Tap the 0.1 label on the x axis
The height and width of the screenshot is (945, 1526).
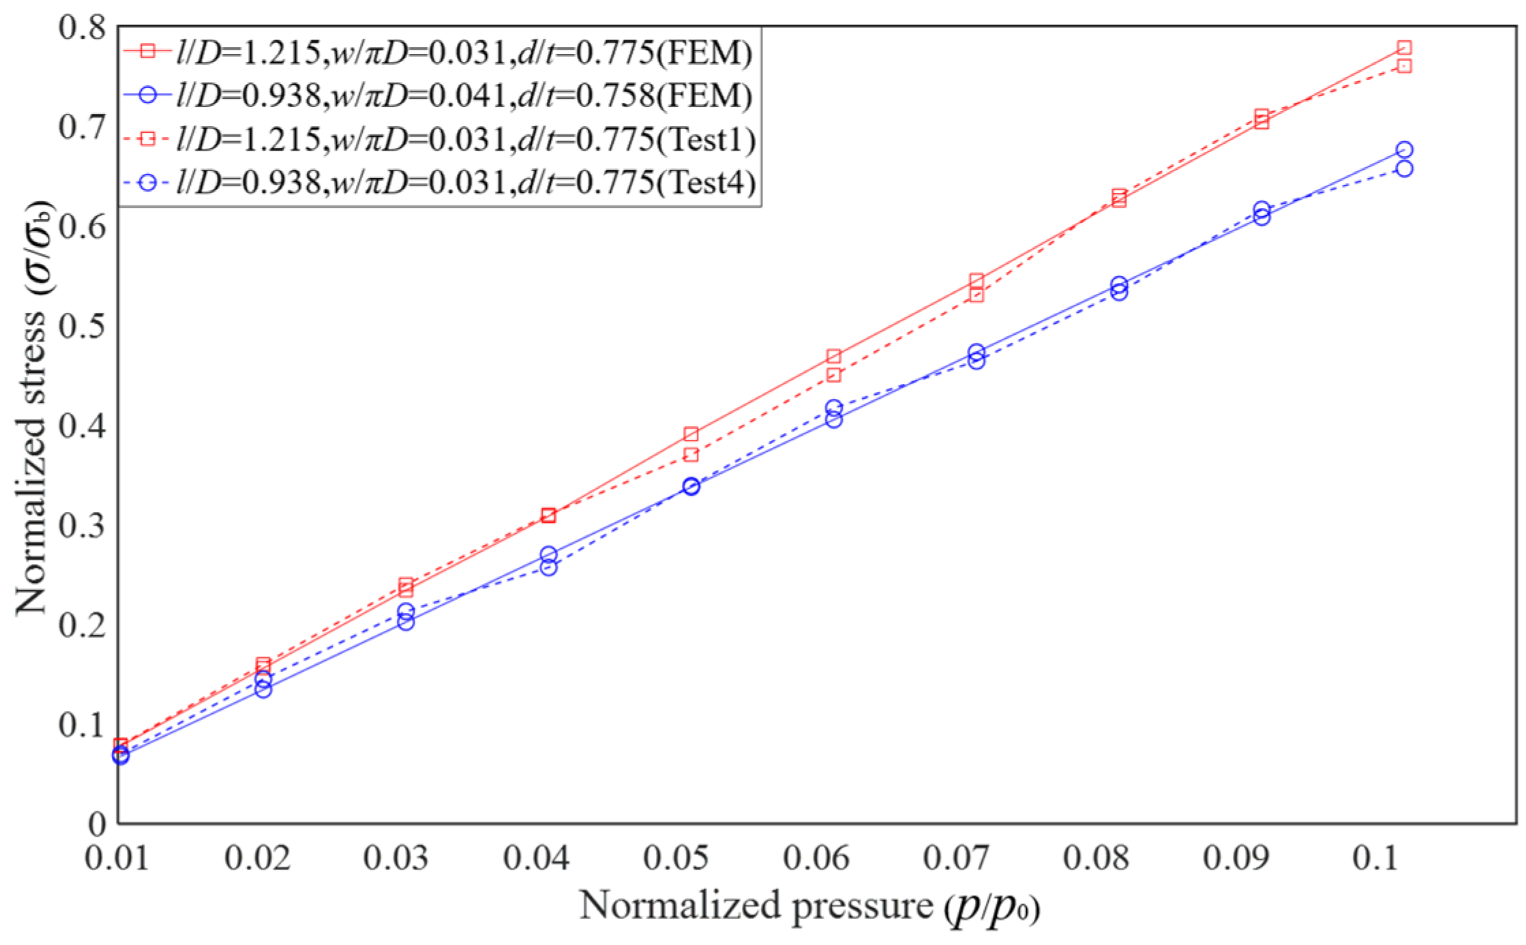tap(1376, 858)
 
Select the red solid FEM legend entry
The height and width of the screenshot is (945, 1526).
tap(436, 52)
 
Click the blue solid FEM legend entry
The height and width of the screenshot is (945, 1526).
tap(436, 95)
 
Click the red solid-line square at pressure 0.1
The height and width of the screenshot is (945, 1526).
tap(1404, 48)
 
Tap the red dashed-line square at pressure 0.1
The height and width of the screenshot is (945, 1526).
tap(1404, 66)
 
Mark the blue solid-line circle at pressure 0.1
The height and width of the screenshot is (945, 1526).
tap(1404, 149)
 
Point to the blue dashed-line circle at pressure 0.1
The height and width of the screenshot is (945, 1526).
tap(1404, 168)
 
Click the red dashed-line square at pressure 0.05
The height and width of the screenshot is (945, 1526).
tap(691, 454)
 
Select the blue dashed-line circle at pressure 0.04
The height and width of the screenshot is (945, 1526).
tap(548, 567)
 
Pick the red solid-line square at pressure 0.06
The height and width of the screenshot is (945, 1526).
tap(833, 357)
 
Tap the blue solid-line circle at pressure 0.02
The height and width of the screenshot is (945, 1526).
tap(263, 689)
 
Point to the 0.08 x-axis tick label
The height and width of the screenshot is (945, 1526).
tap(1095, 858)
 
